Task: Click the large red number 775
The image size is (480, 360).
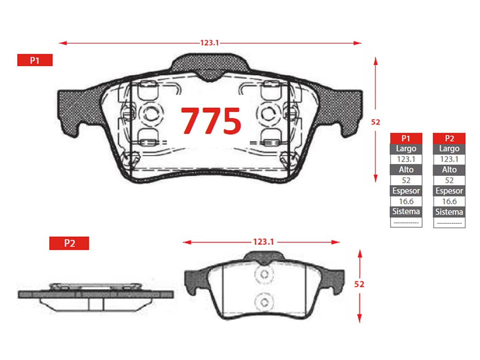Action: click(211, 121)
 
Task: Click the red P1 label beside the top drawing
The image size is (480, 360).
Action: click(35, 60)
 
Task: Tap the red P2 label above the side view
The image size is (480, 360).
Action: click(69, 243)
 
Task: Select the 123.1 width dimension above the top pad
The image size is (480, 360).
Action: click(210, 43)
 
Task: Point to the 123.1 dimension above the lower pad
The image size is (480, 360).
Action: click(263, 242)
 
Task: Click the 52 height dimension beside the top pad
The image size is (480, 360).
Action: click(376, 122)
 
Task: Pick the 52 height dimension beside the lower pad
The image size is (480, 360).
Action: click(359, 284)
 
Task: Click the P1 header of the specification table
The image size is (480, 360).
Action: click(406, 138)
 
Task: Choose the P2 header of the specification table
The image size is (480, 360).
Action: click(449, 138)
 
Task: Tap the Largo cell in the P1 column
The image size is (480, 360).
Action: click(406, 149)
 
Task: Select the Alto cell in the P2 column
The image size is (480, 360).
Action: click(449, 170)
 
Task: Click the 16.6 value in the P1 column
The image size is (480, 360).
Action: click(406, 201)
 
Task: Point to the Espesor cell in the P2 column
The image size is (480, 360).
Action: click(449, 191)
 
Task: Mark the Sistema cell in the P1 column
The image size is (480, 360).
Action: click(406, 212)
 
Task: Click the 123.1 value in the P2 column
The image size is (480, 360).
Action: click(449, 159)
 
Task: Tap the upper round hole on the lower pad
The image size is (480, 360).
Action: click(264, 274)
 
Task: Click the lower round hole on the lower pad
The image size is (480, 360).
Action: click(264, 302)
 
